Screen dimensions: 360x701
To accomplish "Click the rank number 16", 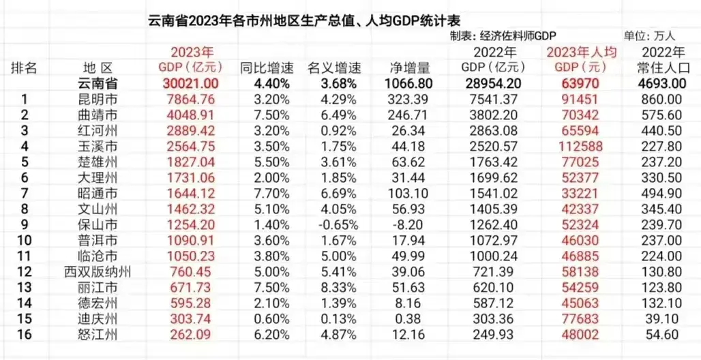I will (x=24, y=333).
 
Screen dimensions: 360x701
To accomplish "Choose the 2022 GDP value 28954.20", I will (x=489, y=83).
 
